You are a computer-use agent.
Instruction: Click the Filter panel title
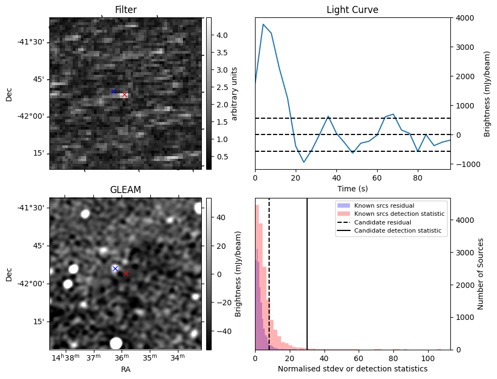point(125,10)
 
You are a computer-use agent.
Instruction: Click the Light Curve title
point(352,10)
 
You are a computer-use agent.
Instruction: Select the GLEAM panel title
point(125,190)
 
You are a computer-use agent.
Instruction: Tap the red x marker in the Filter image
point(124,95)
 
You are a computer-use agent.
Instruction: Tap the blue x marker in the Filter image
point(113,91)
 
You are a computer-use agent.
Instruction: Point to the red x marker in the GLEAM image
point(126,274)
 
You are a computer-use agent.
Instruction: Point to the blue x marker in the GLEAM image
point(115,268)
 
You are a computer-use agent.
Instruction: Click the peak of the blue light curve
point(263,24)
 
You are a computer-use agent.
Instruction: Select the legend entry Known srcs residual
point(384,206)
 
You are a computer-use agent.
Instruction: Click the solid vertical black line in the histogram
point(307,271)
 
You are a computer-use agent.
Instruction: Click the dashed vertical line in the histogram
point(269,271)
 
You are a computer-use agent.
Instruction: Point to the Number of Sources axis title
point(481,274)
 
